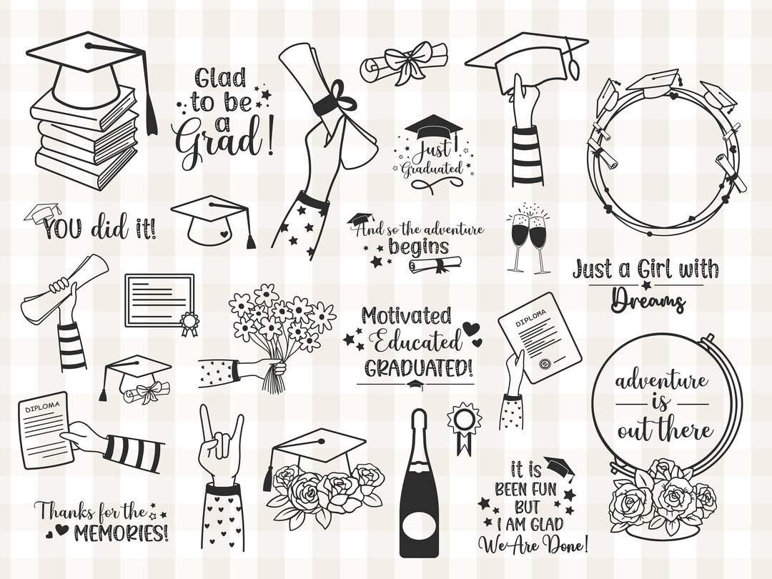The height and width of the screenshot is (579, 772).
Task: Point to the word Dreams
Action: click(647, 300)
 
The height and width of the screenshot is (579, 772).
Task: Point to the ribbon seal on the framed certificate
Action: click(189, 323)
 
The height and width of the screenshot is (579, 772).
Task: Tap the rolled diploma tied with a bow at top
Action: click(405, 65)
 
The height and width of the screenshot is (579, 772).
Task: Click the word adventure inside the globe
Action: click(661, 380)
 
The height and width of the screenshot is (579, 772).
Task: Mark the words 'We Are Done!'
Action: click(534, 545)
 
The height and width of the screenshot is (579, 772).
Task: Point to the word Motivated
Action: click(405, 315)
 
